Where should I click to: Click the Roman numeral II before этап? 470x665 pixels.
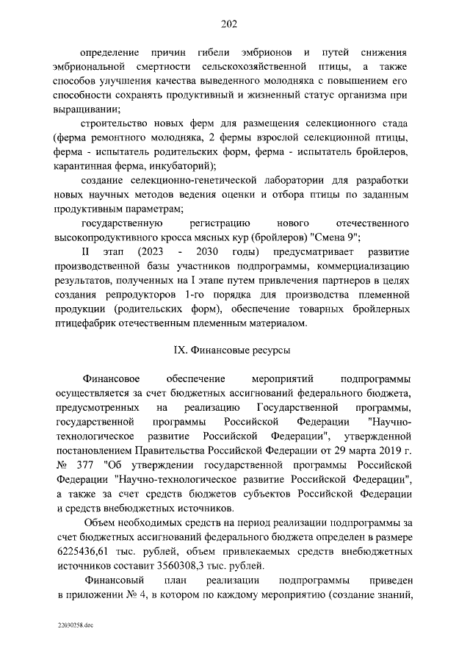[85, 252]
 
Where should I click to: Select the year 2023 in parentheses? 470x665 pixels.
[151, 252]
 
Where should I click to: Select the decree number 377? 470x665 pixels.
[84, 466]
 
